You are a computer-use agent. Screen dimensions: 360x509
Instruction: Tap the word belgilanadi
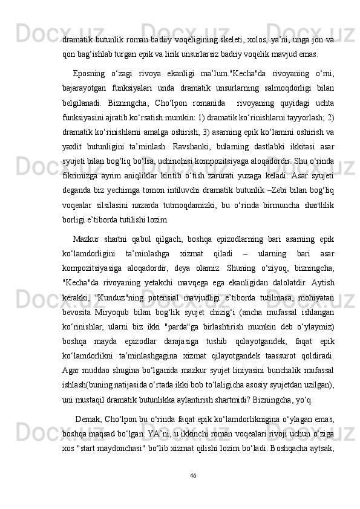(82, 103)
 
